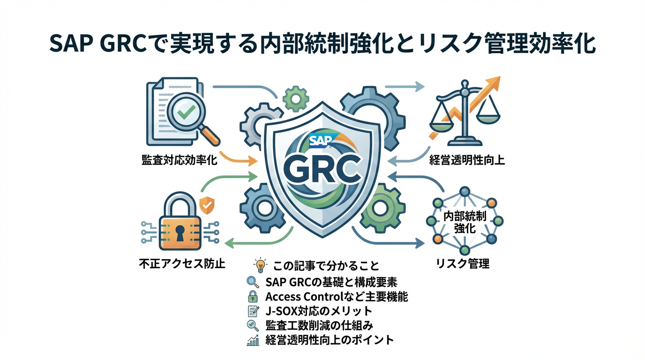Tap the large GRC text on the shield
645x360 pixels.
322,170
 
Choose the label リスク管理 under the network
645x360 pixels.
463,263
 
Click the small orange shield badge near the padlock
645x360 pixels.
206,204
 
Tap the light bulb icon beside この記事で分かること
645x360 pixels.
259,265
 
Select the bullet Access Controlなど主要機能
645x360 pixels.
336,296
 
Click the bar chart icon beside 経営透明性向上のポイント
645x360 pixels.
253,340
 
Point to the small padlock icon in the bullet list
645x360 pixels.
253,296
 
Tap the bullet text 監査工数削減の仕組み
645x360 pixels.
319,325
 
